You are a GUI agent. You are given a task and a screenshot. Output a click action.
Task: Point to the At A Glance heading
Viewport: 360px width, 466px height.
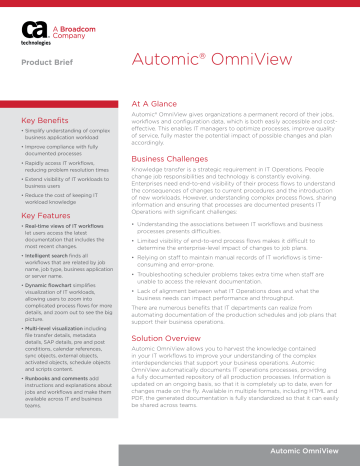tap(149, 102)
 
